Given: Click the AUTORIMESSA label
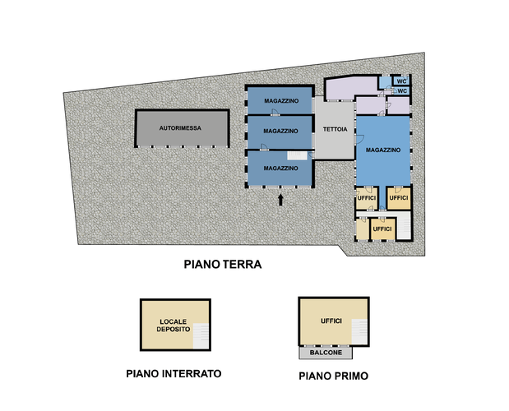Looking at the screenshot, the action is coord(180,128).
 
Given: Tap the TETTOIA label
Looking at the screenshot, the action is coord(335,129).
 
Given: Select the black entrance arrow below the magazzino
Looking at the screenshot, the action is coord(280,200).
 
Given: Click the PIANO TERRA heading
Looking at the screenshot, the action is coord(223,265).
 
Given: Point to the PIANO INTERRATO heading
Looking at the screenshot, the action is coord(174,374).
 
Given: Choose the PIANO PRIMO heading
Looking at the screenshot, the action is coord(333,376).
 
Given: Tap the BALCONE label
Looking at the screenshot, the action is coord(326,353).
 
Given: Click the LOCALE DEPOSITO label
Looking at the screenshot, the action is coord(174,326).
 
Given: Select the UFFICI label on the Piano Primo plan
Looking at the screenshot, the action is coord(331,321).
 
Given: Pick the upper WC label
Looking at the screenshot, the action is coord(401,81).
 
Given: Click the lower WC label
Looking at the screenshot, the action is coord(402,90).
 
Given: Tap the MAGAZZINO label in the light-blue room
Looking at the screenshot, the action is coord(383,150).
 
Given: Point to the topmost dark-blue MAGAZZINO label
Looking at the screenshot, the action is coord(281,101).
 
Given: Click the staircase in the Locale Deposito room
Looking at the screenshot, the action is coord(201,336).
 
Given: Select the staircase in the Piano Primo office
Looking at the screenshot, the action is coord(359,331).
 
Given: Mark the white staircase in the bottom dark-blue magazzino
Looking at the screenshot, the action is coord(297,155).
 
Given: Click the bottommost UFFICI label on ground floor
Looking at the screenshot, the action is coord(382,229).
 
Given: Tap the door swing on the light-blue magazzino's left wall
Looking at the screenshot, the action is coord(360,139).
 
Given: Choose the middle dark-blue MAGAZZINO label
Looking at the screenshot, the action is coord(280,131).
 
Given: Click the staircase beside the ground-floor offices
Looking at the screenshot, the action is coord(404,225).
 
